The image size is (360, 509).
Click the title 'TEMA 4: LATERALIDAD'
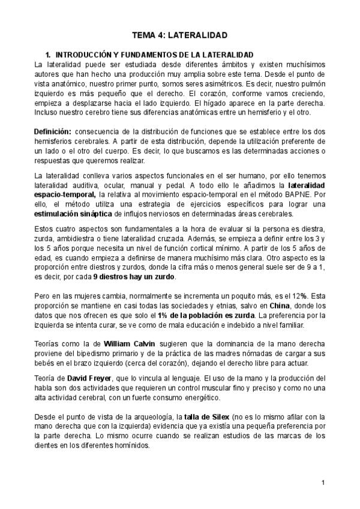180,35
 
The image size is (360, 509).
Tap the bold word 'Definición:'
53,131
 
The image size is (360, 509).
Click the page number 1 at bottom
323,483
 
